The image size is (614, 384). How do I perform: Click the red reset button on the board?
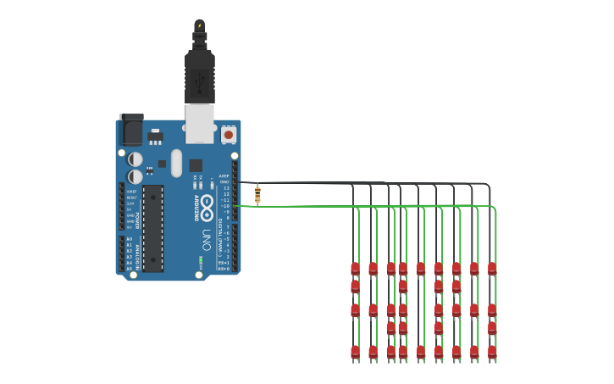228,134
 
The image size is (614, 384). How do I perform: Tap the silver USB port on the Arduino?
200,123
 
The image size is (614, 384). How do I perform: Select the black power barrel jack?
130,128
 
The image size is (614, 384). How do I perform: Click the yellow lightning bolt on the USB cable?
200,25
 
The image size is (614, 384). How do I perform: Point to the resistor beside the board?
257,195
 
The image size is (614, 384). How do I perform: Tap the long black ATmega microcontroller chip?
152,228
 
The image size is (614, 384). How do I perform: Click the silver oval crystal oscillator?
176,163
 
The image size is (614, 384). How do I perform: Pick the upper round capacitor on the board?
136,159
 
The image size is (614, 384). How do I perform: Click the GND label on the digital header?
224,182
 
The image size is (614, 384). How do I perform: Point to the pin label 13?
226,188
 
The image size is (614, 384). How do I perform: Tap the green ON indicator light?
201,260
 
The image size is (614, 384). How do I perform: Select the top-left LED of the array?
355,269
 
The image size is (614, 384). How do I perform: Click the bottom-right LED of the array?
492,351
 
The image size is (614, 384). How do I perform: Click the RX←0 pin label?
224,269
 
